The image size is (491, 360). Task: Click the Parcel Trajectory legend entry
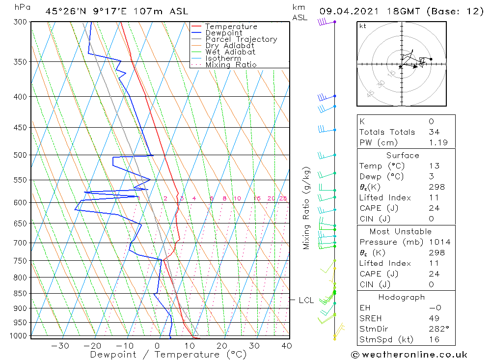(x=241, y=39)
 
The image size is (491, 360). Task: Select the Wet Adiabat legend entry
(x=230, y=52)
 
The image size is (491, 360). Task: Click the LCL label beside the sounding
(x=306, y=300)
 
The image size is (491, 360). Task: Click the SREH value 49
(x=434, y=318)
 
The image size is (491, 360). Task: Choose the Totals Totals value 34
(x=434, y=132)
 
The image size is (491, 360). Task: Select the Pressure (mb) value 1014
(x=439, y=242)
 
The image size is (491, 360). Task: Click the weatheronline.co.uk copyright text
(x=409, y=354)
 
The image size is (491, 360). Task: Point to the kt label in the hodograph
(x=363, y=26)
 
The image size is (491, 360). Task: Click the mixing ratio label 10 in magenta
(x=237, y=198)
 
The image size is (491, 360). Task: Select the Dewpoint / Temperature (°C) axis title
(x=168, y=355)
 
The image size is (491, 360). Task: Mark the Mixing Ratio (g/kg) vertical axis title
(x=307, y=208)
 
